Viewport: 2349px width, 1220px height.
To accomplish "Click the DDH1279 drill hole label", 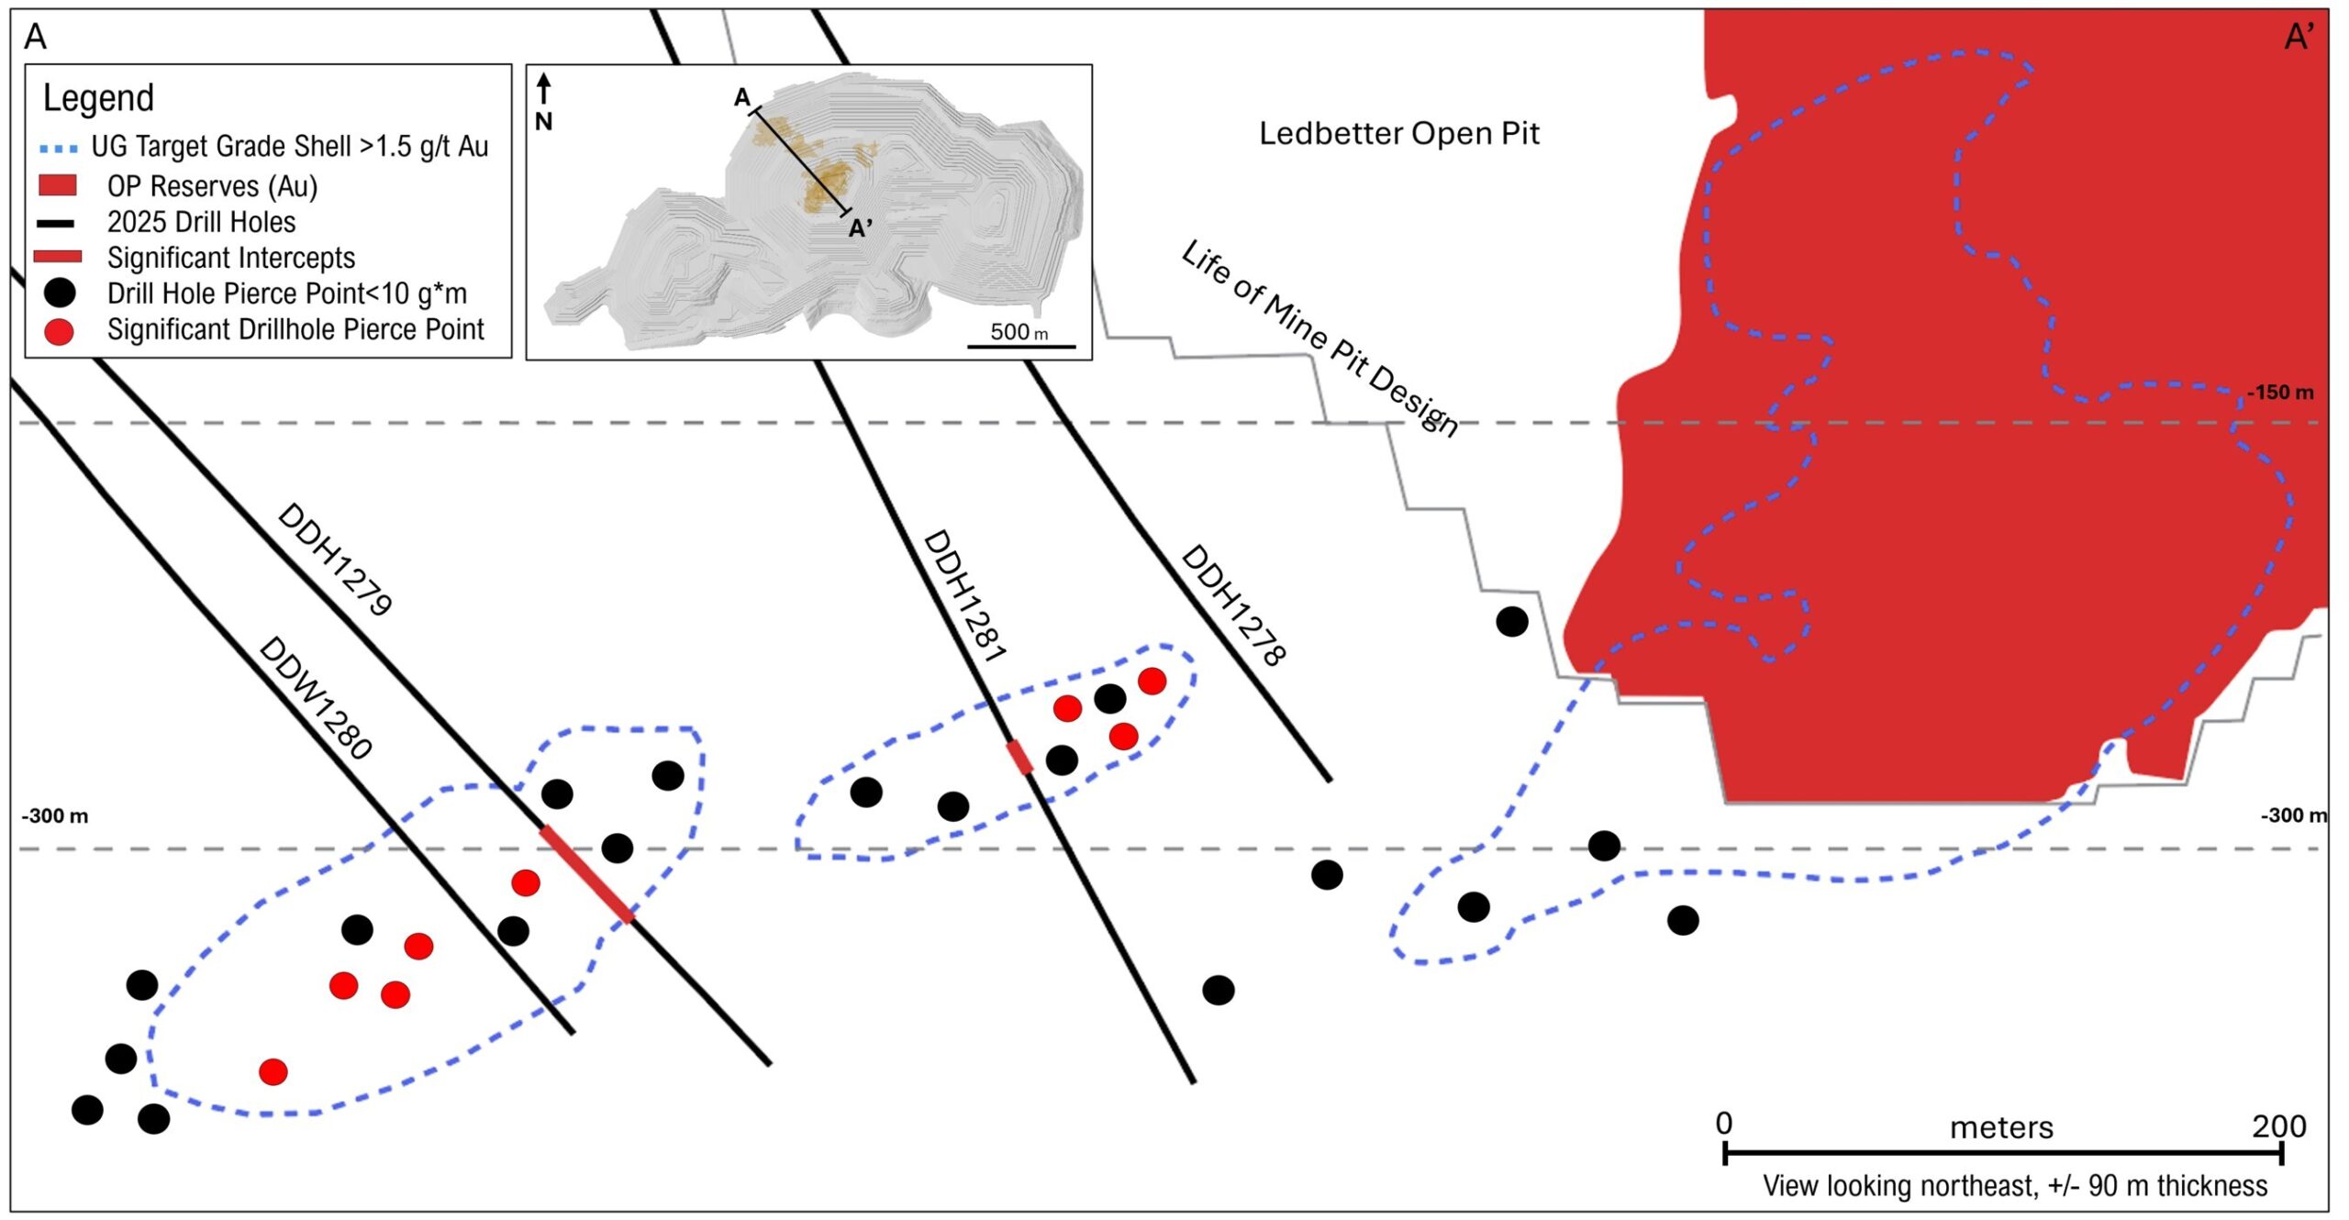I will coord(335,559).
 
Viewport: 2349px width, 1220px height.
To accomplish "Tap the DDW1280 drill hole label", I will coord(316,698).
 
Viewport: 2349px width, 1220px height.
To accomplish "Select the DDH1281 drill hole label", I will coord(964,596).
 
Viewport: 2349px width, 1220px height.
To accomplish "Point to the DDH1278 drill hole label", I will coord(1233,604).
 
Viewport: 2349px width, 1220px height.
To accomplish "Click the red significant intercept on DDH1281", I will coord(1019,758).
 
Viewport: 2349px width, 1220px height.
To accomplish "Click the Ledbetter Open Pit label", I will coord(1398,134).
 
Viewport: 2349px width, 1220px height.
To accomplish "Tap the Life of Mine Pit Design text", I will coord(1319,338).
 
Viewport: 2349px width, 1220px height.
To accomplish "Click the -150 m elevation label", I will coord(2280,393).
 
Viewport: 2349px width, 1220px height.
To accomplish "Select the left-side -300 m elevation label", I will coord(55,815).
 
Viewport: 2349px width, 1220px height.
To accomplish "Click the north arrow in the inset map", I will coord(544,90).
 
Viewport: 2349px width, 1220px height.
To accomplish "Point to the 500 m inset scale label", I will coord(1019,332).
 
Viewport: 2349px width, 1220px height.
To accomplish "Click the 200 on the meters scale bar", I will coord(2278,1126).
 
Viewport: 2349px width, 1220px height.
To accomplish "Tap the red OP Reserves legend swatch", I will coord(57,186).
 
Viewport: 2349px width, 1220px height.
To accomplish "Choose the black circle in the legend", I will coord(60,294).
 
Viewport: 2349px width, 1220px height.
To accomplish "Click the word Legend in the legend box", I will coord(98,98).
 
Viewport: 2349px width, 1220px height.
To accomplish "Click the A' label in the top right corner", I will coord(2299,38).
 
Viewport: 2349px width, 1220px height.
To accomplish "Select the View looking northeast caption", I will coord(2014,1185).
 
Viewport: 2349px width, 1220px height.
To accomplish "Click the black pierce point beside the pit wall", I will coord(1511,622).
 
